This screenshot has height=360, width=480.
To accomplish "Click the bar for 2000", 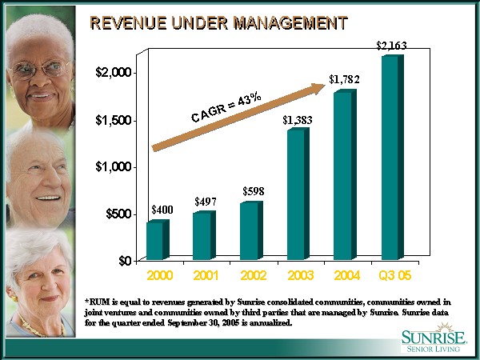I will point(156,240).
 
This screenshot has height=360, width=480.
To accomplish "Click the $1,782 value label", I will point(344,79).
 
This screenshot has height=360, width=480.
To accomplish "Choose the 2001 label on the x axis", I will point(206,275).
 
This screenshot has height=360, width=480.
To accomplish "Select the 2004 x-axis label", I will point(346,275).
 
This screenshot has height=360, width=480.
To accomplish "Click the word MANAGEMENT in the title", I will point(285,22).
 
